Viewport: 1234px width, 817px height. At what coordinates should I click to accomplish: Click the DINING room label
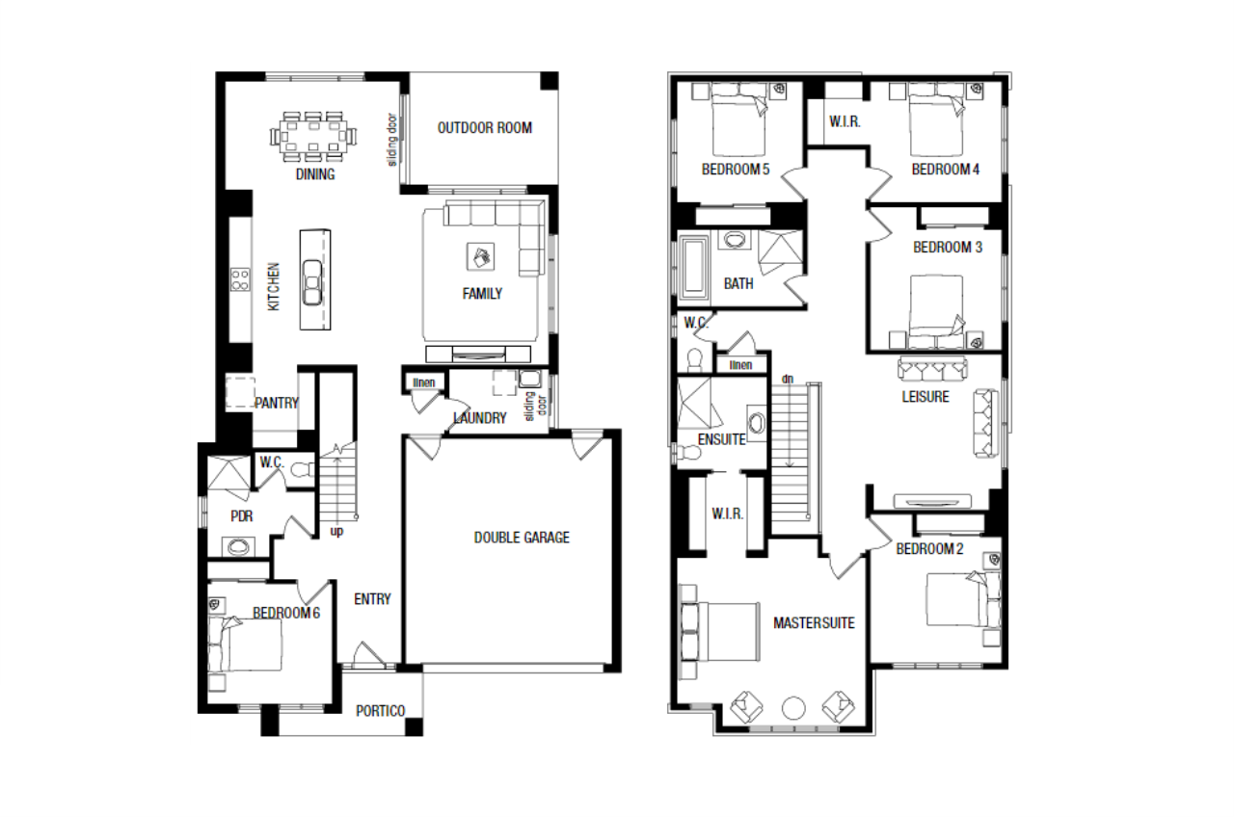click(x=315, y=174)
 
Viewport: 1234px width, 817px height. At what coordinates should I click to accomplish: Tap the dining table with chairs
click(x=313, y=136)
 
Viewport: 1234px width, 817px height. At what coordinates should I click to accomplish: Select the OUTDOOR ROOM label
click(x=485, y=128)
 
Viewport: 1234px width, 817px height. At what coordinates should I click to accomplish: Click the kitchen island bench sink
click(x=312, y=282)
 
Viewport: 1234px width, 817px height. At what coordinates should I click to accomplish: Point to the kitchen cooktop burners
click(x=240, y=279)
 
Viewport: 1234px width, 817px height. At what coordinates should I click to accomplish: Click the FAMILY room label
click(x=482, y=294)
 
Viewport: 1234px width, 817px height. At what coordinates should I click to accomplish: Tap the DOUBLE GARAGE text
click(x=522, y=538)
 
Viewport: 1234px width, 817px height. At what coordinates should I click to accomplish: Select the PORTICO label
click(x=380, y=711)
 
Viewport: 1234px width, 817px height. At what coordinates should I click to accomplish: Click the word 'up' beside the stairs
click(x=336, y=532)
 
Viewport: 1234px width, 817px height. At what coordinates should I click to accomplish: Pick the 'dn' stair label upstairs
click(x=788, y=379)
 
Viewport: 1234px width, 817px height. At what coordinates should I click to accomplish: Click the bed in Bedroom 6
click(x=246, y=644)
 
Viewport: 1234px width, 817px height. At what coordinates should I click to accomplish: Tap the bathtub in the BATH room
click(x=693, y=268)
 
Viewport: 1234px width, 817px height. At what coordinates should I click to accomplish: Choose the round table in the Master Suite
click(x=793, y=708)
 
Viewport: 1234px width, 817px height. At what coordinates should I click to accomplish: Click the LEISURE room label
click(x=925, y=397)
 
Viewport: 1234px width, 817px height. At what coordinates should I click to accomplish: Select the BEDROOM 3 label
click(x=948, y=248)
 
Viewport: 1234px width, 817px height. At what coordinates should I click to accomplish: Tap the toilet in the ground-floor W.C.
click(x=302, y=470)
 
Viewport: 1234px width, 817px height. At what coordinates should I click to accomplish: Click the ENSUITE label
click(x=722, y=439)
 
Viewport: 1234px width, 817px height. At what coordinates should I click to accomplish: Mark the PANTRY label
click(x=277, y=403)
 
